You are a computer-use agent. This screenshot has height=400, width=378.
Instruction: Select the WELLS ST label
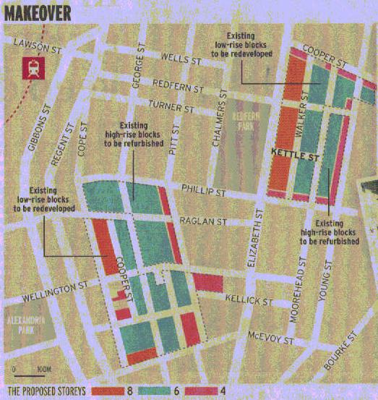175,57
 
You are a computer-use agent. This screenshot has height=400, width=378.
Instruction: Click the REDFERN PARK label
246,119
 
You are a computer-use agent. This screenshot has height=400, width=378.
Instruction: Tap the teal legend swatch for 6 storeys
165,391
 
